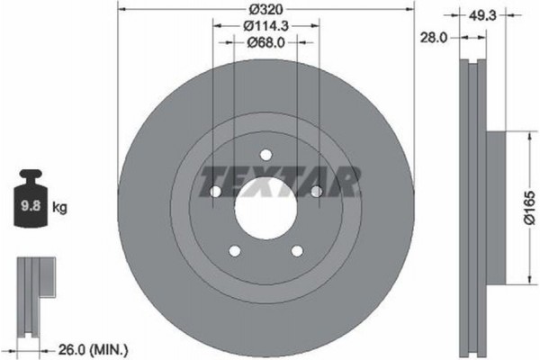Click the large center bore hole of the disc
pos(266,212)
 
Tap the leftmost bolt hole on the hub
pos(215,193)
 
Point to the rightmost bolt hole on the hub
pos(317,191)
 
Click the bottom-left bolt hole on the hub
pos(235,251)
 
